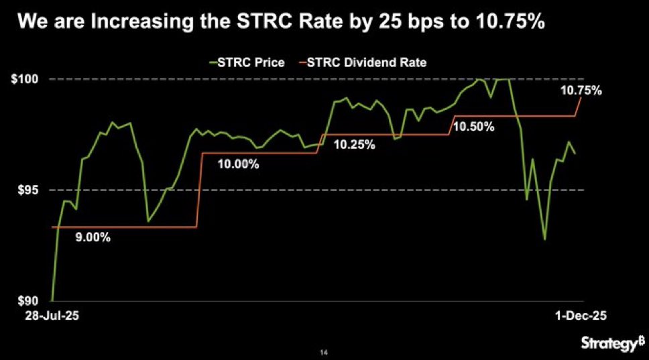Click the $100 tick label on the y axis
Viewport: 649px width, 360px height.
tap(26, 79)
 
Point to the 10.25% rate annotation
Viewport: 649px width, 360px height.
tap(353, 144)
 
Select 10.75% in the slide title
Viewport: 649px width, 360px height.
tap(500, 23)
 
